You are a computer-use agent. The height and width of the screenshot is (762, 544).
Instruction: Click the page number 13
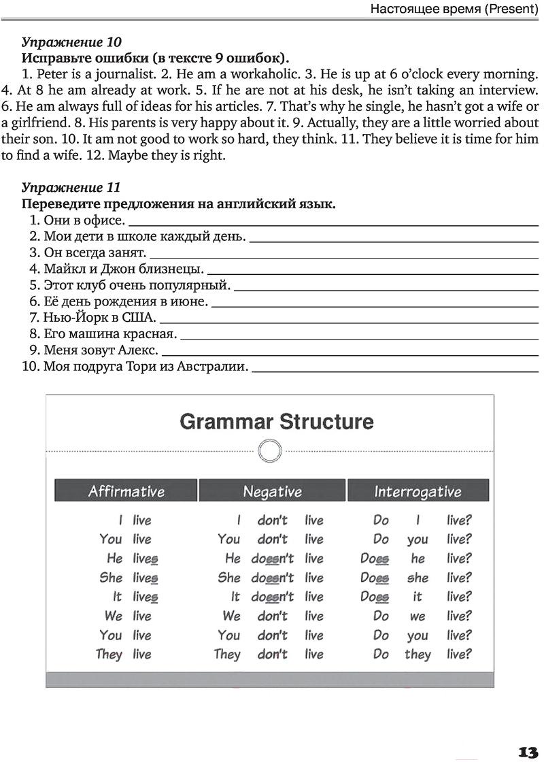point(528,752)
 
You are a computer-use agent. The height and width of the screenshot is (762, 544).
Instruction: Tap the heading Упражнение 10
point(71,42)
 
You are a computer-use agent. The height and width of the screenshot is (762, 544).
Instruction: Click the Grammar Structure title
point(276,421)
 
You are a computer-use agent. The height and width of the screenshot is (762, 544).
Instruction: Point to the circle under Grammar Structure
point(270,450)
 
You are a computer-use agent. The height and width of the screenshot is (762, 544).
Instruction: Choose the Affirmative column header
point(126,491)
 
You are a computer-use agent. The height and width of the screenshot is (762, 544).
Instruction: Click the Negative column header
point(272,491)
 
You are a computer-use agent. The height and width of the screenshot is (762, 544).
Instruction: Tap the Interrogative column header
point(418,491)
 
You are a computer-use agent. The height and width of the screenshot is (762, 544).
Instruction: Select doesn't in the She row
point(273,578)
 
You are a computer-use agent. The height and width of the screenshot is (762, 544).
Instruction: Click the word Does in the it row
point(374,597)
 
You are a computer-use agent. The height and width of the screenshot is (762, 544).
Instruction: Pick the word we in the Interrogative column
point(418,616)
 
